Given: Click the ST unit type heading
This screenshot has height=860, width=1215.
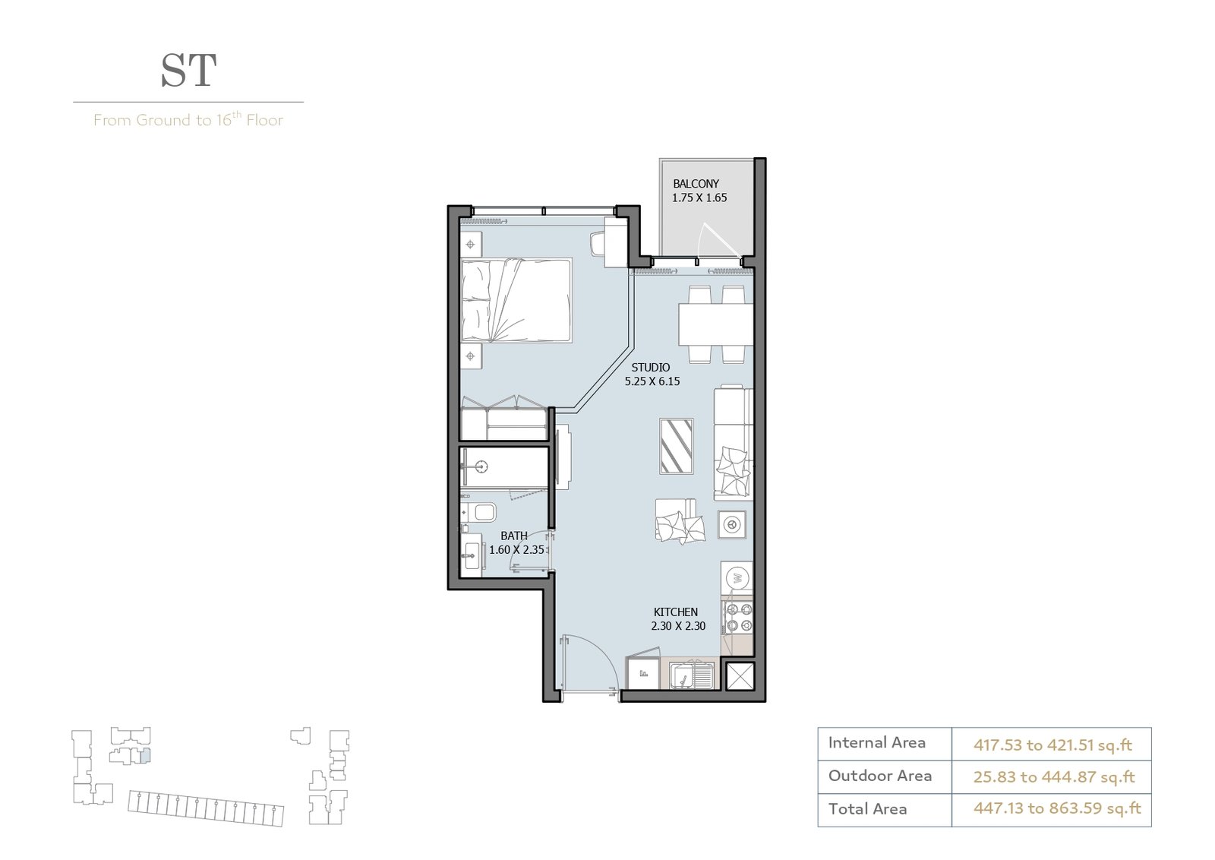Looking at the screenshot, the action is pyautogui.click(x=189, y=71).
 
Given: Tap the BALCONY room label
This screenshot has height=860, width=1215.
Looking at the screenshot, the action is pyautogui.click(x=696, y=184).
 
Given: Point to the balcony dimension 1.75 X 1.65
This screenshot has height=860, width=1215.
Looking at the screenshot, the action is pyautogui.click(x=699, y=198).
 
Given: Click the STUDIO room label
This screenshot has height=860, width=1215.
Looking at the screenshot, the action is pyautogui.click(x=650, y=368).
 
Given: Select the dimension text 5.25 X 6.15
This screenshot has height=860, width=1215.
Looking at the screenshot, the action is pyautogui.click(x=652, y=381).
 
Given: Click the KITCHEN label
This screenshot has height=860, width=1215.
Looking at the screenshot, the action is pyautogui.click(x=675, y=612).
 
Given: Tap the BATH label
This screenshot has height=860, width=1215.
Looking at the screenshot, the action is pyautogui.click(x=513, y=536).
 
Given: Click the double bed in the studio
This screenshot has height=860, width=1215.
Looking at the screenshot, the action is pyautogui.click(x=516, y=300).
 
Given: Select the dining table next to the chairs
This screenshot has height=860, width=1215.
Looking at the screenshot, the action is pyautogui.click(x=715, y=324).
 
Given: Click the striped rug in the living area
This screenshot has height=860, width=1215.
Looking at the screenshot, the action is pyautogui.click(x=677, y=446).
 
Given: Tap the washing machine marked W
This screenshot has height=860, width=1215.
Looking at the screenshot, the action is pyautogui.click(x=737, y=578).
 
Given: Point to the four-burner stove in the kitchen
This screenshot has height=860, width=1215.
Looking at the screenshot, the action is pyautogui.click(x=738, y=618).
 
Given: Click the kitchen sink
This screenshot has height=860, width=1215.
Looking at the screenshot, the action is pyautogui.click(x=691, y=675).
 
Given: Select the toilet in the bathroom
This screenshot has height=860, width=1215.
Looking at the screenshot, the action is pyautogui.click(x=478, y=511).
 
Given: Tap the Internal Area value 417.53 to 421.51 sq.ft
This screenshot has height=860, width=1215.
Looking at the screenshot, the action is pyautogui.click(x=1052, y=745).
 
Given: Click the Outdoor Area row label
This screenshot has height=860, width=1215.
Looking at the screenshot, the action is pyautogui.click(x=880, y=776).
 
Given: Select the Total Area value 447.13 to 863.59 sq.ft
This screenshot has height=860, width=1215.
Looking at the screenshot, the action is pyautogui.click(x=1056, y=808).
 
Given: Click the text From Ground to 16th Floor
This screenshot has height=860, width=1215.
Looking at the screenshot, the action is pyautogui.click(x=188, y=119).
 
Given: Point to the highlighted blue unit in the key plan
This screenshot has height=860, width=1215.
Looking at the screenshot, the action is pyautogui.click(x=145, y=756).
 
